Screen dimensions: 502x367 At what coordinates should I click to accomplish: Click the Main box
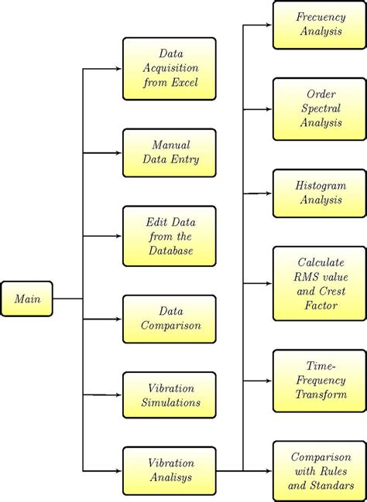27,299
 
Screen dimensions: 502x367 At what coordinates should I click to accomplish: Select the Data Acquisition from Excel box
169,68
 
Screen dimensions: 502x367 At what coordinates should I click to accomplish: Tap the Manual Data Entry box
169,152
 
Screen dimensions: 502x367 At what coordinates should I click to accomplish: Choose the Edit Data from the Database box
169,236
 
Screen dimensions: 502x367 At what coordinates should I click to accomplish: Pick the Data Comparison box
169,319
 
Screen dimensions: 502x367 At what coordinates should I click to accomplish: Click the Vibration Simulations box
169,394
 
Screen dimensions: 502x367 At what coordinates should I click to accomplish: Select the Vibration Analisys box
169,470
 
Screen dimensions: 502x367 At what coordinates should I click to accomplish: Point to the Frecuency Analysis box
320,26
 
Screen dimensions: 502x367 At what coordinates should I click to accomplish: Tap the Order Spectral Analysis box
320,108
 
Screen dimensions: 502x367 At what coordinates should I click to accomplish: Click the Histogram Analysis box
320,193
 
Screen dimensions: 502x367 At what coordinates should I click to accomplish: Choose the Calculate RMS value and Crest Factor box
320,284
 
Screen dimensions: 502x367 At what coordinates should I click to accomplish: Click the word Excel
189,82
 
